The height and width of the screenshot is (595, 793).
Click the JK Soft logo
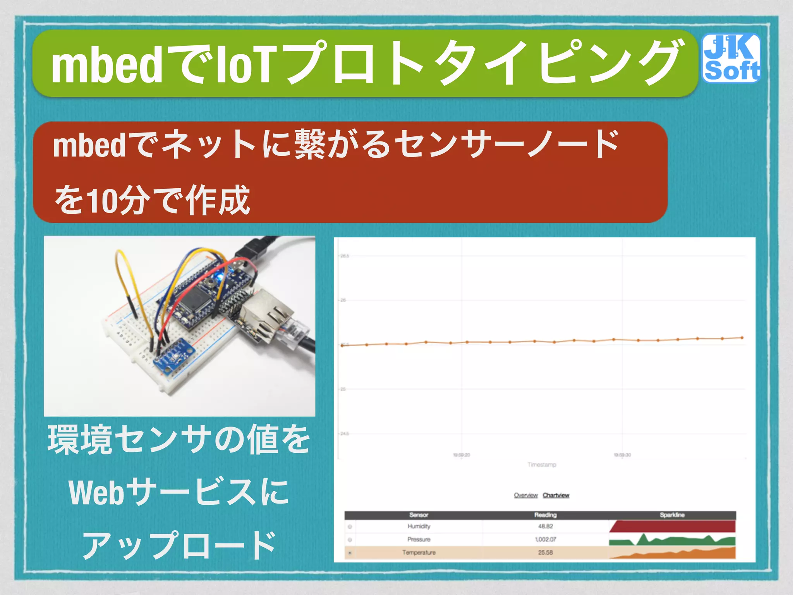point(731,58)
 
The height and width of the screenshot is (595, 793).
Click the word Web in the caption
point(97,493)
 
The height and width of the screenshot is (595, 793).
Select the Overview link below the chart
point(525,495)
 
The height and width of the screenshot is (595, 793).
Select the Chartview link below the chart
point(556,495)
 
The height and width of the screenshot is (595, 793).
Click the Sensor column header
point(419,515)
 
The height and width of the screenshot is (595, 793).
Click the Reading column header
point(545,515)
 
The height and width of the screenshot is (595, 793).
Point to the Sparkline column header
point(672,515)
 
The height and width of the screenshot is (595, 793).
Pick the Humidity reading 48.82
point(545,526)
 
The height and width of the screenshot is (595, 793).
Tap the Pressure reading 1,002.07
point(545,539)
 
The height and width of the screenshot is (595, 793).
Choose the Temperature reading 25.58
point(545,552)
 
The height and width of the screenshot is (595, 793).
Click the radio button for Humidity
point(350,526)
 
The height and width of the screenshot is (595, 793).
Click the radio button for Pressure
point(350,540)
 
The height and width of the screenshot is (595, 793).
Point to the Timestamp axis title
point(542,464)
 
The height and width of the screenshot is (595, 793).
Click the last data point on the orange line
point(742,338)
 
